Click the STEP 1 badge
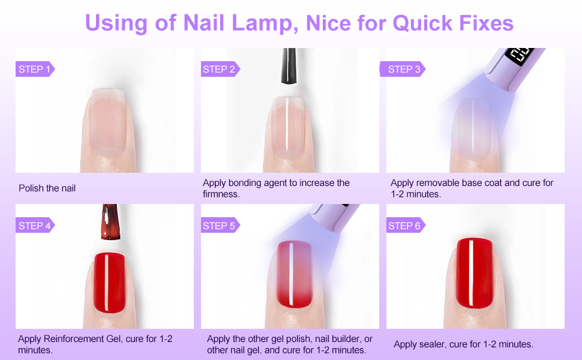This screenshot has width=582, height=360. (34, 69)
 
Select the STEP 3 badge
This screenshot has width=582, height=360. (404, 69)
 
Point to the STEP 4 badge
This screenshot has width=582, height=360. (34, 226)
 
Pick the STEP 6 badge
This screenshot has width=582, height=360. (404, 226)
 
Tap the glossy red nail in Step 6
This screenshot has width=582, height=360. (474, 267)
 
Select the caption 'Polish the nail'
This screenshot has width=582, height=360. (47, 188)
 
